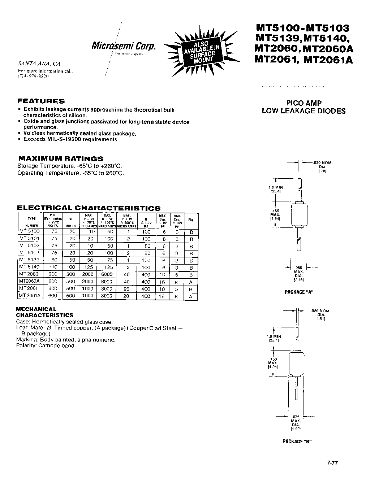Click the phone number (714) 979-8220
coord(33,77)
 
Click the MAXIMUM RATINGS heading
coord(61,158)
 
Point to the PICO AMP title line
coord(303,103)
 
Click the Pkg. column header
coord(191,219)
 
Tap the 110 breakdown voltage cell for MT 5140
coord(53,267)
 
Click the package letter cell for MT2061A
coord(191,296)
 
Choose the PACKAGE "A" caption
coord(298,292)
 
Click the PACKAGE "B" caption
coord(297,441)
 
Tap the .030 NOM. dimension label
coord(322,163)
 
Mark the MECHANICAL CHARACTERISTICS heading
coord(44,312)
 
